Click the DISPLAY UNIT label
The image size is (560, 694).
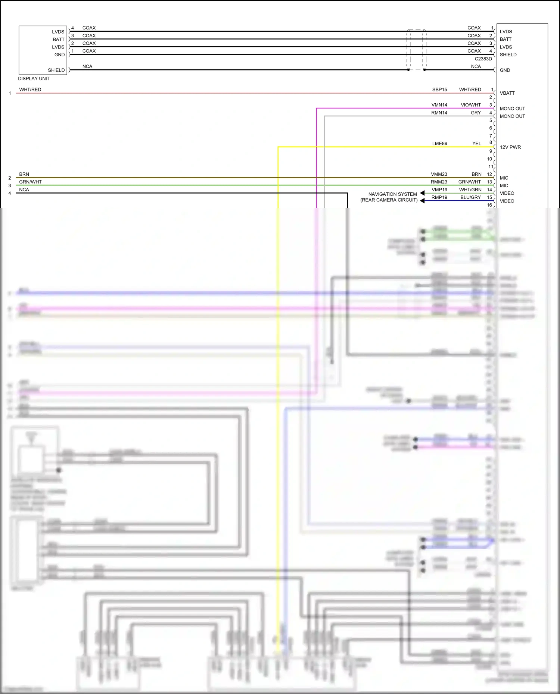34,79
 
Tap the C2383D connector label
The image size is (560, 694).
483,59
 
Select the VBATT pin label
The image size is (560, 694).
507,93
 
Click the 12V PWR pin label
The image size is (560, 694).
510,147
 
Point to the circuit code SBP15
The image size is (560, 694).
439,90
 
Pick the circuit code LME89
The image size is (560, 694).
439,144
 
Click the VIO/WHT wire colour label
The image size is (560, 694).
470,105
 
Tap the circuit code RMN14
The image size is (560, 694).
439,113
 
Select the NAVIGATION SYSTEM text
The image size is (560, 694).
392,194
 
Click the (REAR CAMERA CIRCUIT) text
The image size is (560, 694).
389,200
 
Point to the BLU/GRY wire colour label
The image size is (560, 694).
470,198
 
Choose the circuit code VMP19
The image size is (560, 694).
439,190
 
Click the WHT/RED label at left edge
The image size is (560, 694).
30,90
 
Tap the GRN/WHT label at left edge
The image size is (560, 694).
30,182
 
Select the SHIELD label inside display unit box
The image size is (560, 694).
56,70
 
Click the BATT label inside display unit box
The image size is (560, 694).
58,40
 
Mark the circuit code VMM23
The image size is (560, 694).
439,175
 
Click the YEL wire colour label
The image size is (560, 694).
476,144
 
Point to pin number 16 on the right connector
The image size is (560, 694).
489,205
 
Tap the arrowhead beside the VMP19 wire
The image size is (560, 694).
422,193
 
